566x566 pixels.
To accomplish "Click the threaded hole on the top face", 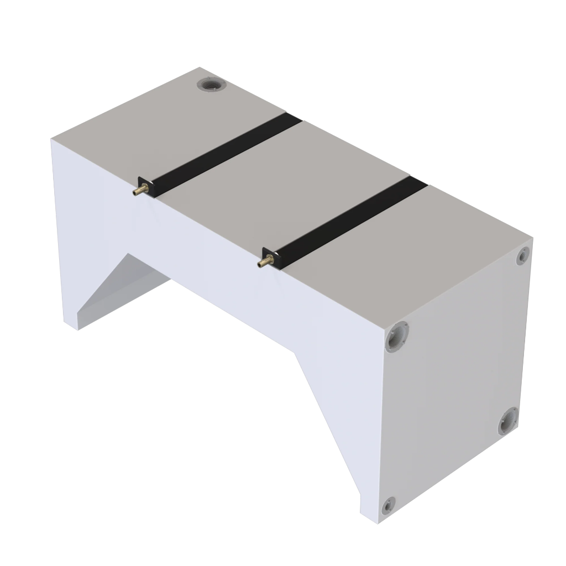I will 212,85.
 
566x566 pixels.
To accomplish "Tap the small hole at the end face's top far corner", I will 522,256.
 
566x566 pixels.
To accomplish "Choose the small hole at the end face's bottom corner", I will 389,504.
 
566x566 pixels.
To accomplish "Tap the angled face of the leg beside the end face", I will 332,420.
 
